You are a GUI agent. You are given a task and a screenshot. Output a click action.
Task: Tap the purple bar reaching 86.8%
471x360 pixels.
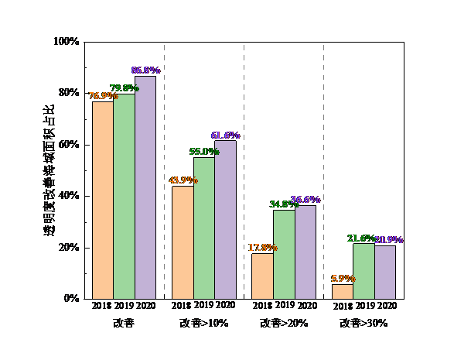(x=145, y=187)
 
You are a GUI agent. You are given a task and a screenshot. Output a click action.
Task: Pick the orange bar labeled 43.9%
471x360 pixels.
(x=183, y=242)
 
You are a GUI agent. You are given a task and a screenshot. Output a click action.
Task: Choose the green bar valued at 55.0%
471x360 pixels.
(x=204, y=228)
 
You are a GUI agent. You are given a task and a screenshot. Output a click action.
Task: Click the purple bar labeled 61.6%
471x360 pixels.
(x=225, y=220)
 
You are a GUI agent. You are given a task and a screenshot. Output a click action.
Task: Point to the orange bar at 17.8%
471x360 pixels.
(x=262, y=276)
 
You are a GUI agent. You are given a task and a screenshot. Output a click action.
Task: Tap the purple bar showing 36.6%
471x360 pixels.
(x=305, y=252)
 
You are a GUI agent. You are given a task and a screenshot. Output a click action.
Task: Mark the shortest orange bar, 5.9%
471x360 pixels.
(x=343, y=291)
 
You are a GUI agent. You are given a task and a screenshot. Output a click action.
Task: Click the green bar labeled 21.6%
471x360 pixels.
(x=363, y=271)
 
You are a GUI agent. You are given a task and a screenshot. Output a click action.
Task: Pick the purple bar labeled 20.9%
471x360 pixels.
(x=385, y=272)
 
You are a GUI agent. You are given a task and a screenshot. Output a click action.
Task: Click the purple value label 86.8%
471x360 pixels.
(x=145, y=70)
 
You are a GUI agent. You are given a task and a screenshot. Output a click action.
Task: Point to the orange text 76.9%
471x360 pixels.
(x=103, y=96)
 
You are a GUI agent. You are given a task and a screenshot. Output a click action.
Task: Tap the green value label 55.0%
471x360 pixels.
(x=204, y=152)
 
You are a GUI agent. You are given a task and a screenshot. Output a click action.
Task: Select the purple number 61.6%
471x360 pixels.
(x=225, y=135)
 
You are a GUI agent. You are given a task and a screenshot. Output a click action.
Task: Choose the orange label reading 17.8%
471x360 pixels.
(x=262, y=248)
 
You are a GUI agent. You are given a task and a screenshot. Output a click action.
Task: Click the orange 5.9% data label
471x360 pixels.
(x=343, y=279)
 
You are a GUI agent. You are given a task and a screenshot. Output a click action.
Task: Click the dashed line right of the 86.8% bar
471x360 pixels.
(x=164, y=170)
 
